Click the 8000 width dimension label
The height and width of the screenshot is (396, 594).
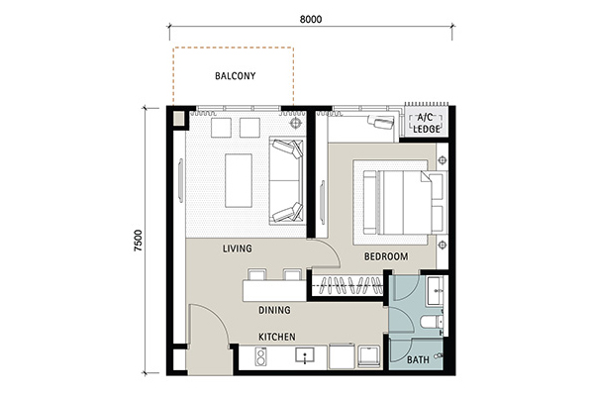tap(311, 19)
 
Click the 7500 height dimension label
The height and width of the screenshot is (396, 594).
tap(139, 241)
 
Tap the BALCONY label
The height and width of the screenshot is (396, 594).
tap(236, 76)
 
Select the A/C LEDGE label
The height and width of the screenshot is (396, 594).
tap(427, 123)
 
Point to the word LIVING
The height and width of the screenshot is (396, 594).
tap(238, 248)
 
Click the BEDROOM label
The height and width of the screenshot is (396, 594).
tap(386, 256)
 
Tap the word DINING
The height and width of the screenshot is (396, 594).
tap(274, 310)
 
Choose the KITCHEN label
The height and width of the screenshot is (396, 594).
tap(277, 337)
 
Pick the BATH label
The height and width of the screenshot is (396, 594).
tap(418, 359)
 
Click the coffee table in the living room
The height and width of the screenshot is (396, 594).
tap(239, 180)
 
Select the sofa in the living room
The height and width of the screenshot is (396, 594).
tap(287, 181)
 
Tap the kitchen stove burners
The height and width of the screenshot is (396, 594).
tap(260, 356)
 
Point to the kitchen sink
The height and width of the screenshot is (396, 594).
tap(305, 355)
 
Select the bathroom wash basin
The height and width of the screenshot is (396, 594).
tap(435, 291)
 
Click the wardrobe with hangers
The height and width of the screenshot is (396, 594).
tap(347, 285)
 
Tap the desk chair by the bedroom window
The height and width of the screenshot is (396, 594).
tap(381, 122)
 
